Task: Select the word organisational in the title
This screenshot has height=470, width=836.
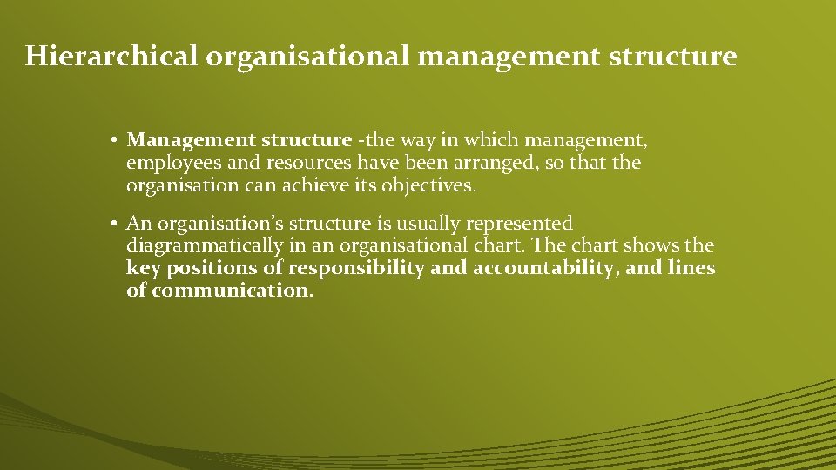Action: (307, 57)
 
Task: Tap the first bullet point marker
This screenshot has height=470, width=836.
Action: (115, 140)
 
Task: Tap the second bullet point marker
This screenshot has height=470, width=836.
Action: (115, 225)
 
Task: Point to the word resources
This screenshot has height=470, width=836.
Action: (308, 163)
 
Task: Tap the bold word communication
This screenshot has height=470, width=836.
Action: (232, 291)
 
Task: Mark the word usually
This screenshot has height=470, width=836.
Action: (421, 225)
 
